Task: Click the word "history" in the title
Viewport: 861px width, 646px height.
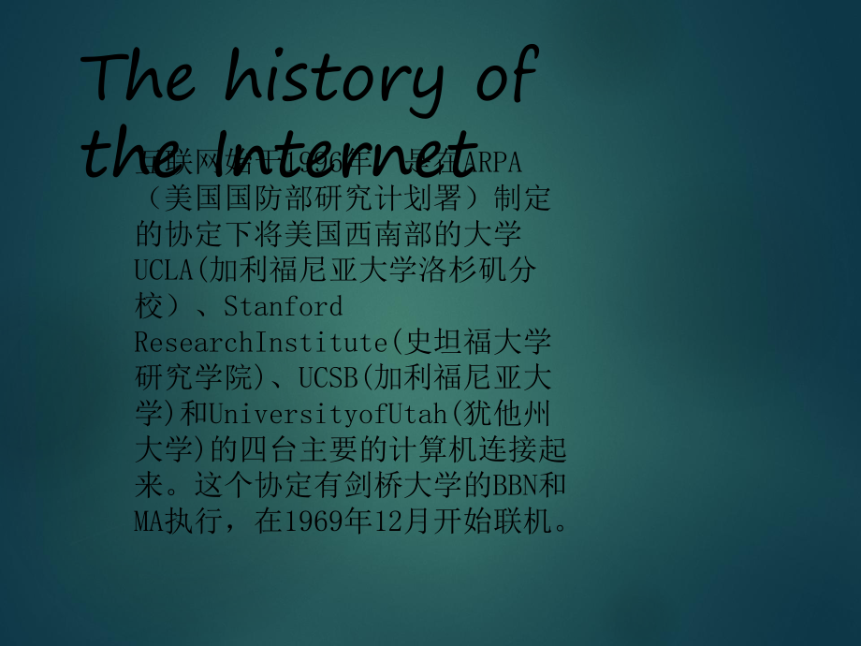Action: coord(334,82)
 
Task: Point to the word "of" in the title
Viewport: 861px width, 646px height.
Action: coord(504,78)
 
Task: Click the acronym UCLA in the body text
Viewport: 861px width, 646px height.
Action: coord(163,271)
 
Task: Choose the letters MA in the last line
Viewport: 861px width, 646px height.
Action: coord(150,521)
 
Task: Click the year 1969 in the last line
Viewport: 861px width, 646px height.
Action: coord(306,521)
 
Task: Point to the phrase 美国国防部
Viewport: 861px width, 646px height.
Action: coord(223,198)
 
